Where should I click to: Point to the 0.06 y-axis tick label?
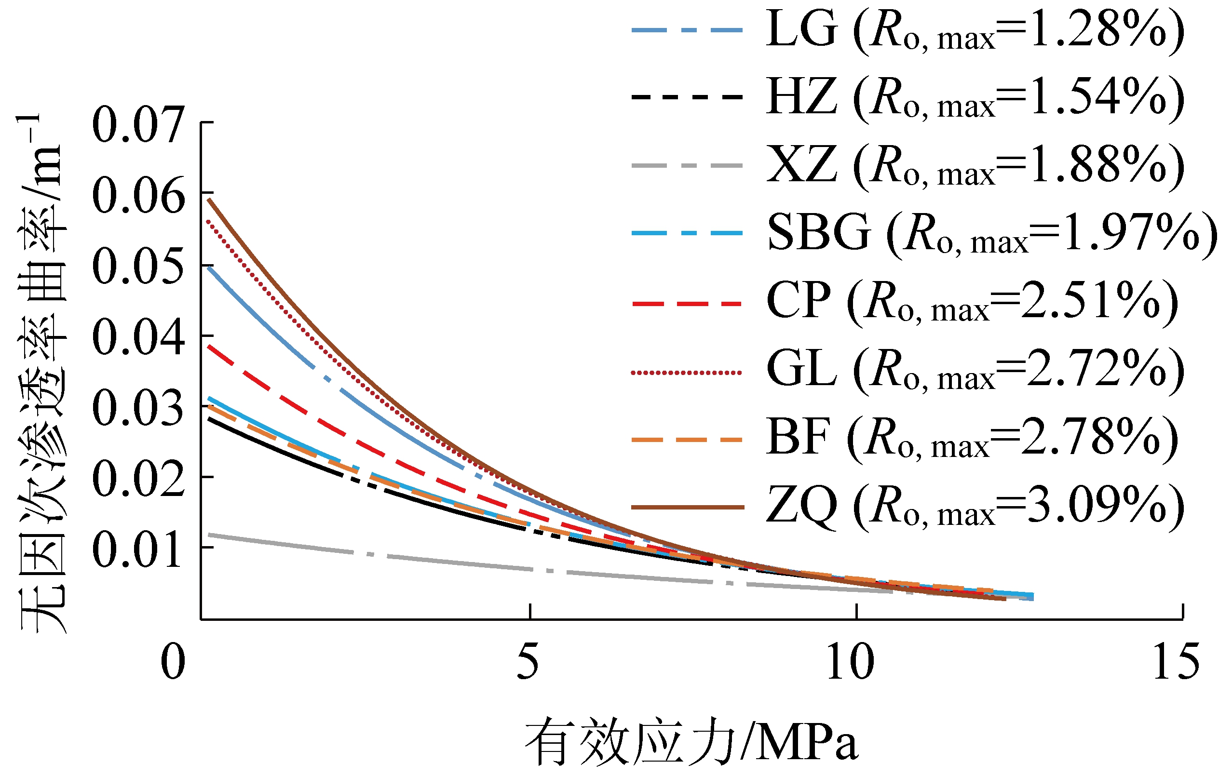138,195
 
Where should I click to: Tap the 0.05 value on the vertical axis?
138,266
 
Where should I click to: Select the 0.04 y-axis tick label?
138,337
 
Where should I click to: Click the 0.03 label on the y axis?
138,408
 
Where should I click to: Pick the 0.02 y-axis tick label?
138,479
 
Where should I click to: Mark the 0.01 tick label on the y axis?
138,549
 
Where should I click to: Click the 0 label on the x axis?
173,662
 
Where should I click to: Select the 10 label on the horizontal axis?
851,662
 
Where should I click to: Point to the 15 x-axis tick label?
1176,662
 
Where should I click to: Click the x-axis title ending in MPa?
691,740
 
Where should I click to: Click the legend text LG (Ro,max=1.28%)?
975,30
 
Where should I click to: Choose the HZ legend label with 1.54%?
975,97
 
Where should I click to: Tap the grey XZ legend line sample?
687,165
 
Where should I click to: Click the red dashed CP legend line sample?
687,304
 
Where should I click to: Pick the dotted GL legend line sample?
687,373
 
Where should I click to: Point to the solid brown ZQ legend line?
687,507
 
